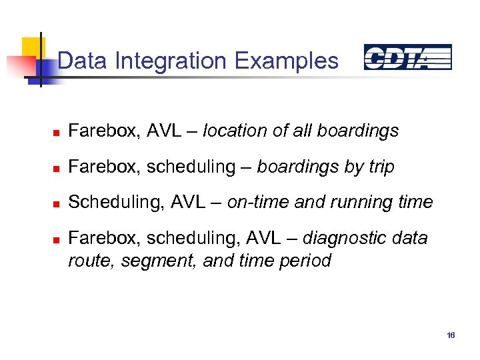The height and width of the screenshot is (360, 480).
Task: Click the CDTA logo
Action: [x=407, y=58]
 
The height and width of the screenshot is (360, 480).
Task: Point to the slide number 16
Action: [x=451, y=335]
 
